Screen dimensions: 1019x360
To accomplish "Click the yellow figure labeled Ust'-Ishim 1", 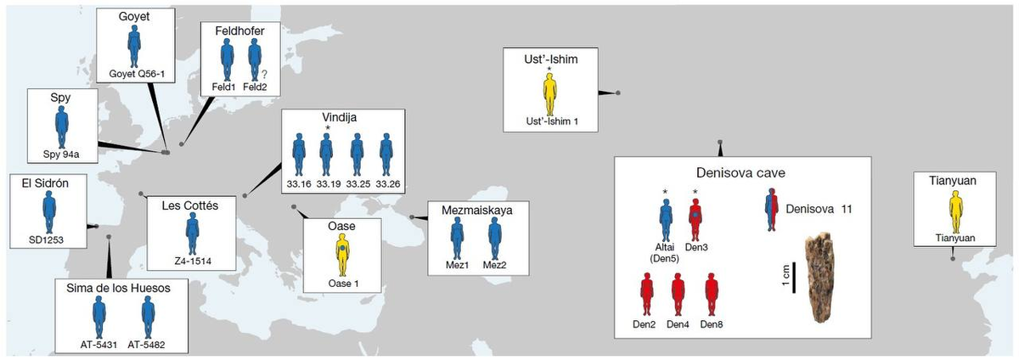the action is [550, 94].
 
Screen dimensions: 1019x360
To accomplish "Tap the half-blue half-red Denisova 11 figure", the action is [772, 210].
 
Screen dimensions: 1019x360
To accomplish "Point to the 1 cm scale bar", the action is [794, 278].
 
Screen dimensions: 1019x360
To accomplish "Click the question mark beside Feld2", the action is [264, 74].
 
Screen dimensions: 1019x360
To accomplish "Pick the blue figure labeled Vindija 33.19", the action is [326, 155].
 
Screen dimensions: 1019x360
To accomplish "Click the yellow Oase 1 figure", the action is [342, 255].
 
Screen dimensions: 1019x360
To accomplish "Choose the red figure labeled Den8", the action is [712, 295].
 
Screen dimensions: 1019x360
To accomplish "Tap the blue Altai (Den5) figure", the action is [666, 220].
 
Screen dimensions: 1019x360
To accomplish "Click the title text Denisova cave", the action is [740, 173].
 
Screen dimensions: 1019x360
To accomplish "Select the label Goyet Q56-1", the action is [137, 74].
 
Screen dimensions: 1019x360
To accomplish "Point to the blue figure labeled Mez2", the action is [495, 239].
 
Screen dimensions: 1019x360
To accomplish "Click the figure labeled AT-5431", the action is [99, 318].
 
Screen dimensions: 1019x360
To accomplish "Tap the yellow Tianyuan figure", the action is [956, 212].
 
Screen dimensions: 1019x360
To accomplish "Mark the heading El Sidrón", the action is [45, 183].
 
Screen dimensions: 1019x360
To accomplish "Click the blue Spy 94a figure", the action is [62, 127].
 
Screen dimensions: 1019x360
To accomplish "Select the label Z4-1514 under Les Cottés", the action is [193, 262].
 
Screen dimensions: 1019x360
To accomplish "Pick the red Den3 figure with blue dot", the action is [695, 220].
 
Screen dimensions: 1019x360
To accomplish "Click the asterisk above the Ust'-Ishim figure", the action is [549, 69].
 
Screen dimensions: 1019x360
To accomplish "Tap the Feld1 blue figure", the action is [227, 59].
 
